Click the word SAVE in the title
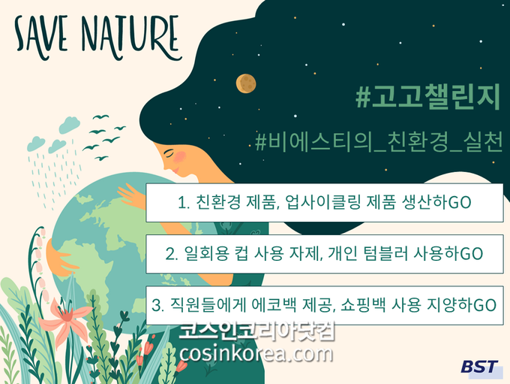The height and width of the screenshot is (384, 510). [41, 37]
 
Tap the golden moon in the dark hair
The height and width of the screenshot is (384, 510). [246, 83]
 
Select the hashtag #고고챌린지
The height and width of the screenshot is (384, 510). [427, 96]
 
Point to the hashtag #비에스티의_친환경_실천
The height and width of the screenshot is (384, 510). [379, 142]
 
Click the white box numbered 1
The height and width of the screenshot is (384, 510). [324, 202]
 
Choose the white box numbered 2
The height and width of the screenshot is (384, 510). [324, 253]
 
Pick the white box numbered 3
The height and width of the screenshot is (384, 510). [324, 305]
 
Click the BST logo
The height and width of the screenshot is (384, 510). [479, 367]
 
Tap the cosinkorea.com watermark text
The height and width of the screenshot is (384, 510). [256, 353]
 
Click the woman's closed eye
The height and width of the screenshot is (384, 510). [169, 153]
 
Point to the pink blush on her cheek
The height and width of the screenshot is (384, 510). [180, 157]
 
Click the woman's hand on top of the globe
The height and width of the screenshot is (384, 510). [132, 195]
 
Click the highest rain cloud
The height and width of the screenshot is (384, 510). [70, 125]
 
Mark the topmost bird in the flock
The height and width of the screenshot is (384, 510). [100, 117]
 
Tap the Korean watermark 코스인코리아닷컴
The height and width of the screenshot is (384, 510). [257, 331]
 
